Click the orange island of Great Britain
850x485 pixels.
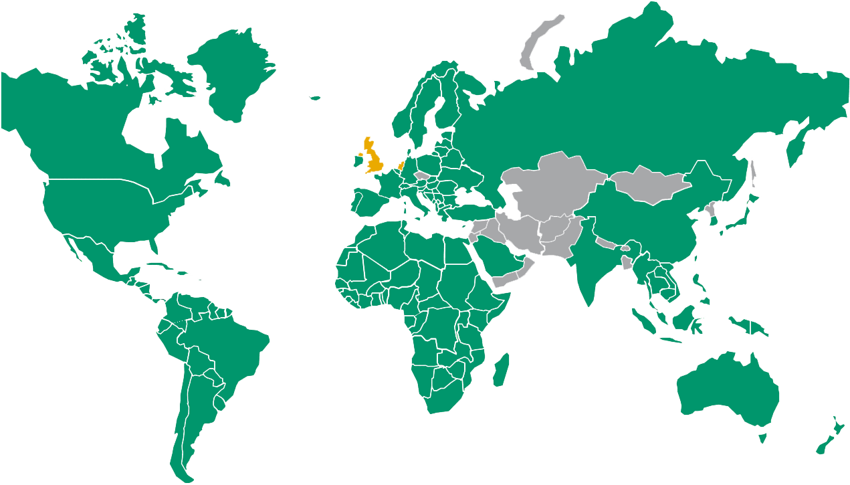[x=373, y=161]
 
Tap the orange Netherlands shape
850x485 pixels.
[x=401, y=165]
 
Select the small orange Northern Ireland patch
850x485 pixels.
[x=359, y=155]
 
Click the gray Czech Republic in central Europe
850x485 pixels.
[x=421, y=176]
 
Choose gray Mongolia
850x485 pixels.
[x=649, y=183]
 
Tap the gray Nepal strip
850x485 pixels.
[x=606, y=242]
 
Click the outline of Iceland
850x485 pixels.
[x=314, y=98]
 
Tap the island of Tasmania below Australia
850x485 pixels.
[x=761, y=438]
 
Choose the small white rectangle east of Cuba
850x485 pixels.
[x=200, y=280]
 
